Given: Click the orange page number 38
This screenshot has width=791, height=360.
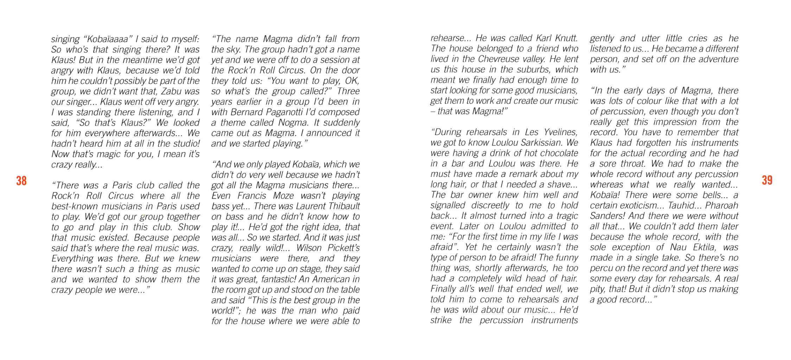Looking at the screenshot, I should click(21, 181).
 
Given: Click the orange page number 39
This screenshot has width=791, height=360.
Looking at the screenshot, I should click(767, 180).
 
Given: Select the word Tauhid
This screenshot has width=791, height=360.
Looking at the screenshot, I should click(682, 205).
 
